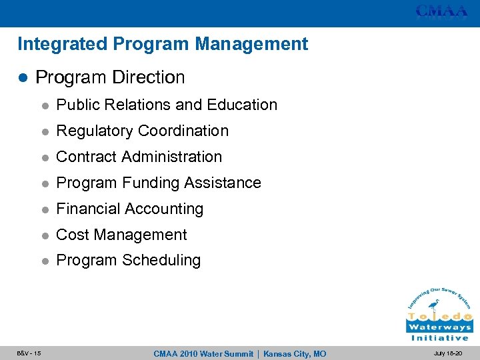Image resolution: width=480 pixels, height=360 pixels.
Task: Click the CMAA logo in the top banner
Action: pos(442,11)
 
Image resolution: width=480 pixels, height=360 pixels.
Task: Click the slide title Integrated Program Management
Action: pos(163,45)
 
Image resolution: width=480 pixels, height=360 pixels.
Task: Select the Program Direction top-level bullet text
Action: pos(110,77)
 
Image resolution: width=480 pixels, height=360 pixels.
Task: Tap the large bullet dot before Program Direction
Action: pos(22,78)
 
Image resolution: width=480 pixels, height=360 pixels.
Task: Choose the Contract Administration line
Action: pos(139,157)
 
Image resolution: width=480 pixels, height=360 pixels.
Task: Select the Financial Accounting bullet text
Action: pos(129,209)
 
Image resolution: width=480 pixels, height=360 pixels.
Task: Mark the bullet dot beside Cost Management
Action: pos(43,235)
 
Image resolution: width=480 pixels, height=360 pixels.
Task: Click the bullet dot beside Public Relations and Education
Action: pos(43,105)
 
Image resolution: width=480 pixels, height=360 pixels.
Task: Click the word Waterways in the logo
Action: pos(439,327)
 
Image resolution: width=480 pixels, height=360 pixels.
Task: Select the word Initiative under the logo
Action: pos(439,338)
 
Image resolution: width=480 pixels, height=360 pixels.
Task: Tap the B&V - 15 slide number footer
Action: pos(29,353)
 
